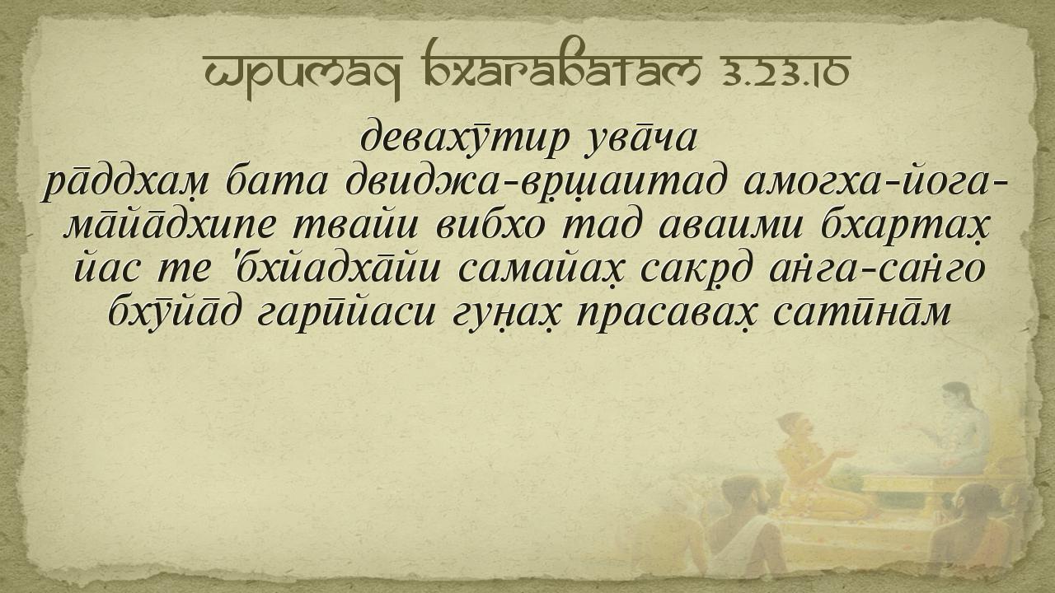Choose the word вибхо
click(490, 226)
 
